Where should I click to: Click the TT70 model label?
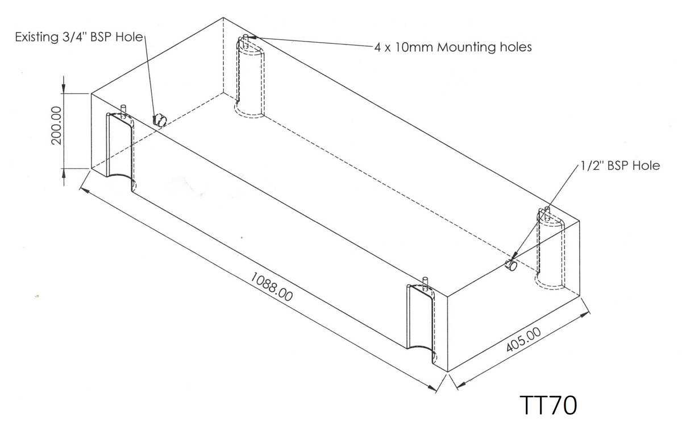click(548, 406)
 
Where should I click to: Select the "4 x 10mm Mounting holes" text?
click(453, 47)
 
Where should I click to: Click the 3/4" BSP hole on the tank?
click(160, 119)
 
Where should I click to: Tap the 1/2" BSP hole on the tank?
click(511, 265)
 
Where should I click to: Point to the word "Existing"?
click(36, 38)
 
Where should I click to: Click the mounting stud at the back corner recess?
click(245, 39)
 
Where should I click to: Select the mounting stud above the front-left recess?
click(123, 109)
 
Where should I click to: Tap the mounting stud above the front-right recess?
click(425, 282)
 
